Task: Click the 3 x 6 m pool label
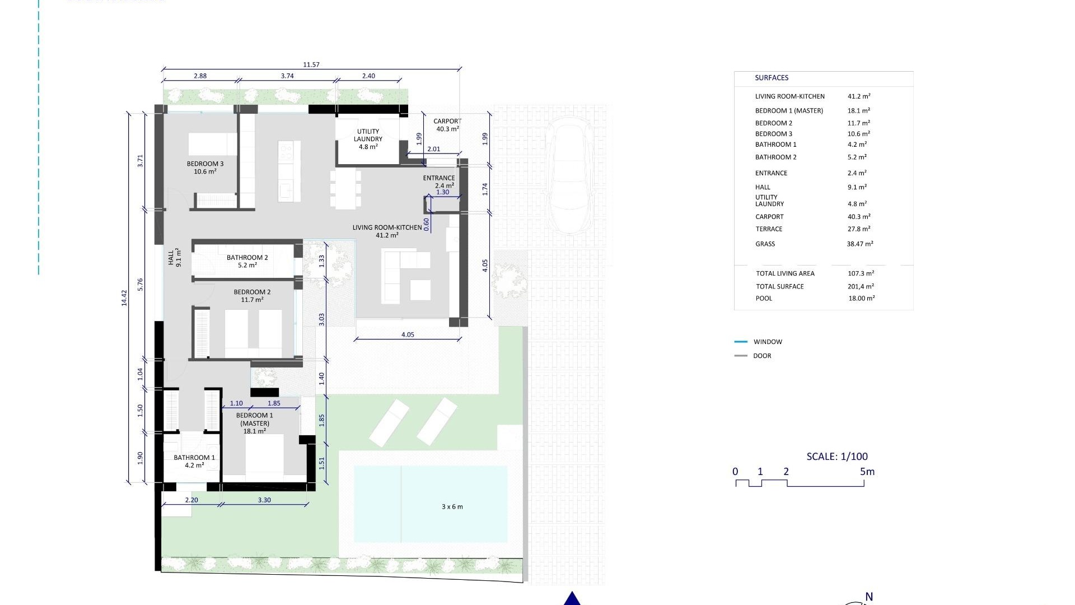coord(452,507)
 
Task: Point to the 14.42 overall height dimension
coord(124,297)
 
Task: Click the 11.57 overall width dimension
coord(311,65)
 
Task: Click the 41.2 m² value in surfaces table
coord(858,96)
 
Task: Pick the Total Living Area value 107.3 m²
coord(860,273)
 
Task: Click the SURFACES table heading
coord(771,78)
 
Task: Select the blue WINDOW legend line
coord(740,342)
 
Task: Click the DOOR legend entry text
coord(762,356)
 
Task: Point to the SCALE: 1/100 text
coord(836,457)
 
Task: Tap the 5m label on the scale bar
coord(867,472)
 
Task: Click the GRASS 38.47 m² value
coord(859,244)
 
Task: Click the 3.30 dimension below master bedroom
coord(264,500)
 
